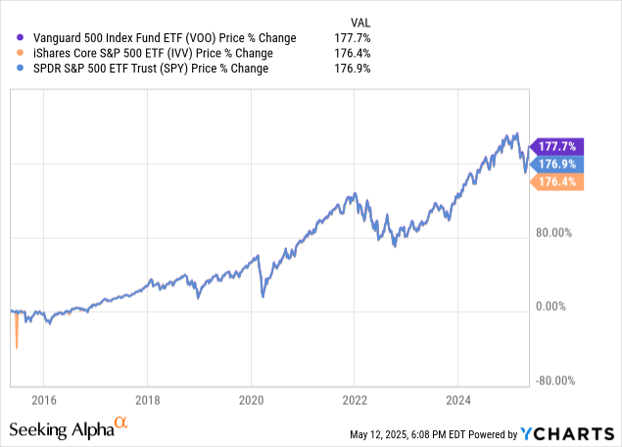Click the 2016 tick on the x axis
(43, 400)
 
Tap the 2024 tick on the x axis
(458, 400)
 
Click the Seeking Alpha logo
(68, 427)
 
